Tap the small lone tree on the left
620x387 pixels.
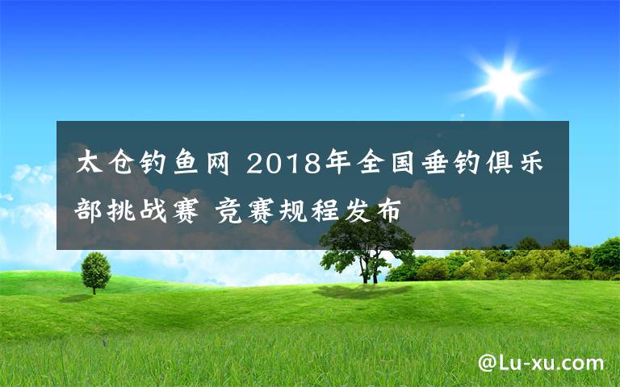pos(95,270)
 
